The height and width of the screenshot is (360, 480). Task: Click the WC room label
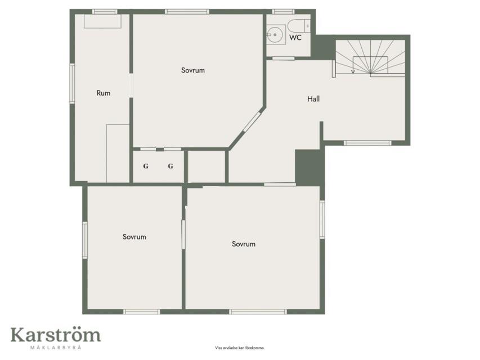[x=295, y=37]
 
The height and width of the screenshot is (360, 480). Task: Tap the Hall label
[x=313, y=99]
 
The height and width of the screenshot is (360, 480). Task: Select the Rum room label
[x=104, y=93]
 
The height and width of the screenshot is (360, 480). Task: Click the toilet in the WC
[x=299, y=26]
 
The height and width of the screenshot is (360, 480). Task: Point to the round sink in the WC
[x=275, y=34]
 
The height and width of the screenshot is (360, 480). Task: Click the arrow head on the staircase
[x=353, y=71]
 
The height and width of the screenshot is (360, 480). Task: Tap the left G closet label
[x=146, y=166]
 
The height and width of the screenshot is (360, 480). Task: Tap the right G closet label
[x=171, y=166]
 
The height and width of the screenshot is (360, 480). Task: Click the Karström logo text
[x=56, y=335]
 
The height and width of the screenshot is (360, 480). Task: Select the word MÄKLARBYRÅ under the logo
[x=56, y=347]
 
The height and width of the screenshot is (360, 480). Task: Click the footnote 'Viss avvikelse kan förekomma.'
[x=240, y=348]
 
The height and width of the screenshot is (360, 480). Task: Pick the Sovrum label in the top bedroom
[x=193, y=70]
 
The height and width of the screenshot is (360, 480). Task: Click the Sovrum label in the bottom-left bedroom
[x=134, y=237]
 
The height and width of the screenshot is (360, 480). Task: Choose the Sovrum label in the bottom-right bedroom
[x=244, y=244]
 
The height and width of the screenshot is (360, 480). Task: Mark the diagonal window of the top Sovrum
[x=252, y=121]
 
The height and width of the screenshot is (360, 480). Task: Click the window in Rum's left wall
[x=72, y=83]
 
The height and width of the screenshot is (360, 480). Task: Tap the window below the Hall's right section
[x=367, y=143]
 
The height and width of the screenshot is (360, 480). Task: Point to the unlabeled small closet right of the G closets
[x=207, y=166]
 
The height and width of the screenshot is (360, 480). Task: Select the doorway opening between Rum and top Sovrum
[x=131, y=85]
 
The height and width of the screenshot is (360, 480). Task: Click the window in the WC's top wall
[x=283, y=12]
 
